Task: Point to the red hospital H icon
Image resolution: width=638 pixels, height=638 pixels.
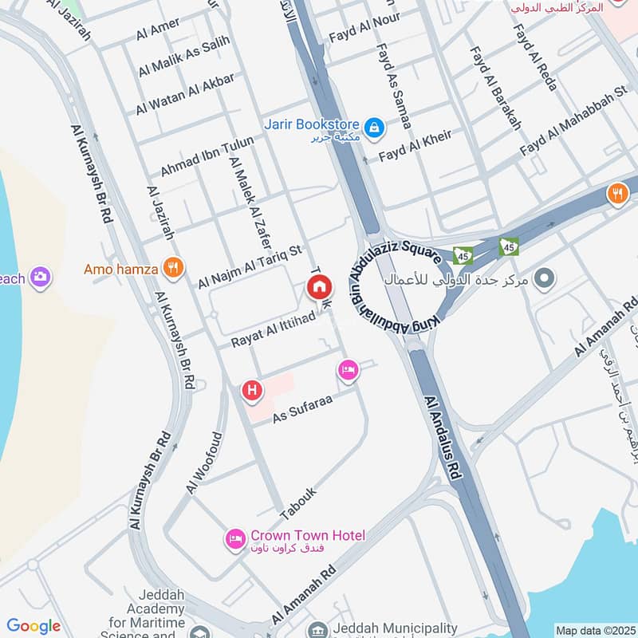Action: [x=252, y=390]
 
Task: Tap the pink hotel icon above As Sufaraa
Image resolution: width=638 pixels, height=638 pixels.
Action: [x=348, y=369]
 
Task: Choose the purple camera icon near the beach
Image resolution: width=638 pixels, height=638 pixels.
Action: [x=39, y=278]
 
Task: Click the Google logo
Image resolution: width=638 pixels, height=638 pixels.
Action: [x=33, y=626]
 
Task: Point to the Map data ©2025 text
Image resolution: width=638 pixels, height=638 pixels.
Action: [x=594, y=630]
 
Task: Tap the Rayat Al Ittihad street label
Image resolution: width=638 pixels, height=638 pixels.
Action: [x=269, y=329]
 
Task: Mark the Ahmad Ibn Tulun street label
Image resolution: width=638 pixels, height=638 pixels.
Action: [x=207, y=156]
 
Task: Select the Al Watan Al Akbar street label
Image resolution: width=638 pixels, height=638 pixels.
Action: [x=185, y=94]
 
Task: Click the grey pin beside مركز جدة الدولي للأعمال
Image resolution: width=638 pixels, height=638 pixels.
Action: [x=545, y=279]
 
